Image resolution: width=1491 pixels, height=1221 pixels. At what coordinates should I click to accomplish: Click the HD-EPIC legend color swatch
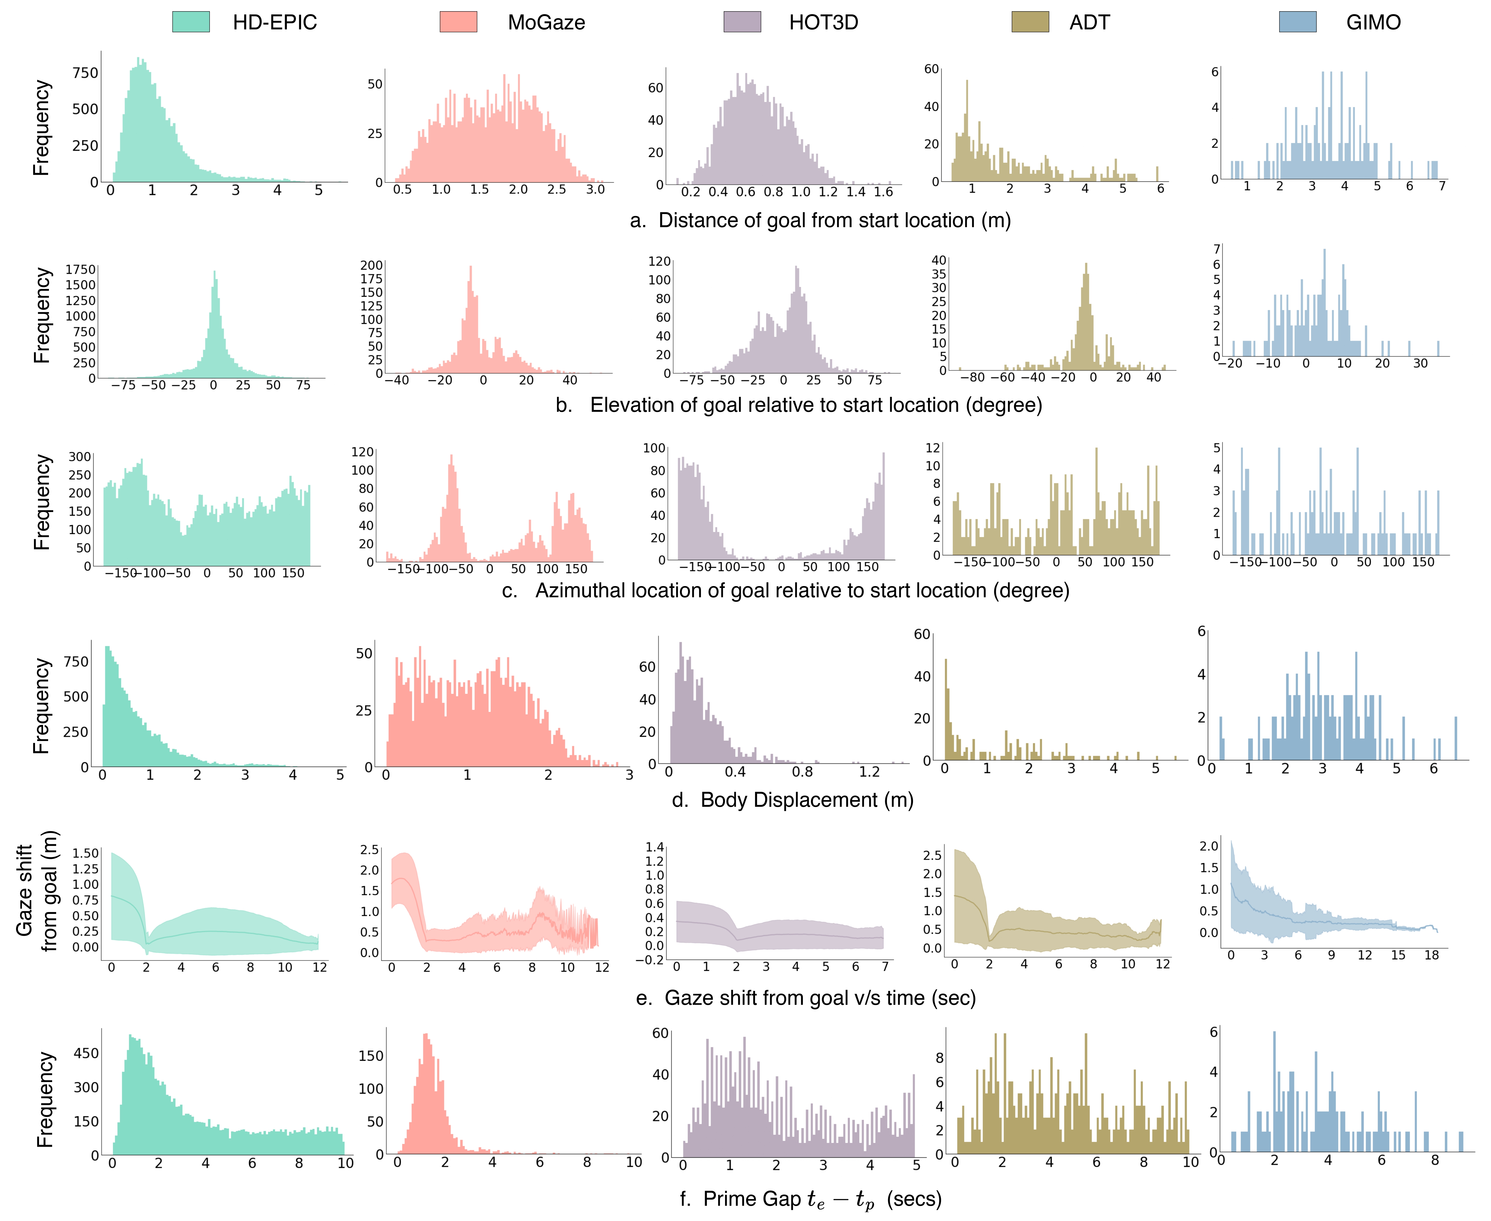(x=191, y=22)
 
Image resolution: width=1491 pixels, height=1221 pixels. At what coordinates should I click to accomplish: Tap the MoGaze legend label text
(x=546, y=22)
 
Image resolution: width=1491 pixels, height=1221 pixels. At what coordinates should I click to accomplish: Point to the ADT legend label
(x=1089, y=22)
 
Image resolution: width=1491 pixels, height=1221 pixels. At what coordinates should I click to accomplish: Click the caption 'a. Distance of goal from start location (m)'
(x=820, y=221)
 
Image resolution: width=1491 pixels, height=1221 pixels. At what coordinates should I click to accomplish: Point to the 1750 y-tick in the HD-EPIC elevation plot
(x=80, y=269)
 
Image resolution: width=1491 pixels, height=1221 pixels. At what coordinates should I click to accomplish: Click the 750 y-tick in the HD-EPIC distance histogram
(x=85, y=73)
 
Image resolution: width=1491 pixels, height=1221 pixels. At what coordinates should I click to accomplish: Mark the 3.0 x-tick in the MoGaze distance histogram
(x=595, y=190)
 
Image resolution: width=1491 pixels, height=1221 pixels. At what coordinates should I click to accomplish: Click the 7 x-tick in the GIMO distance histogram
(x=1442, y=186)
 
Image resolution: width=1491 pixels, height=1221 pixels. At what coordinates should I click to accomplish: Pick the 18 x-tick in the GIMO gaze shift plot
(x=1431, y=955)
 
